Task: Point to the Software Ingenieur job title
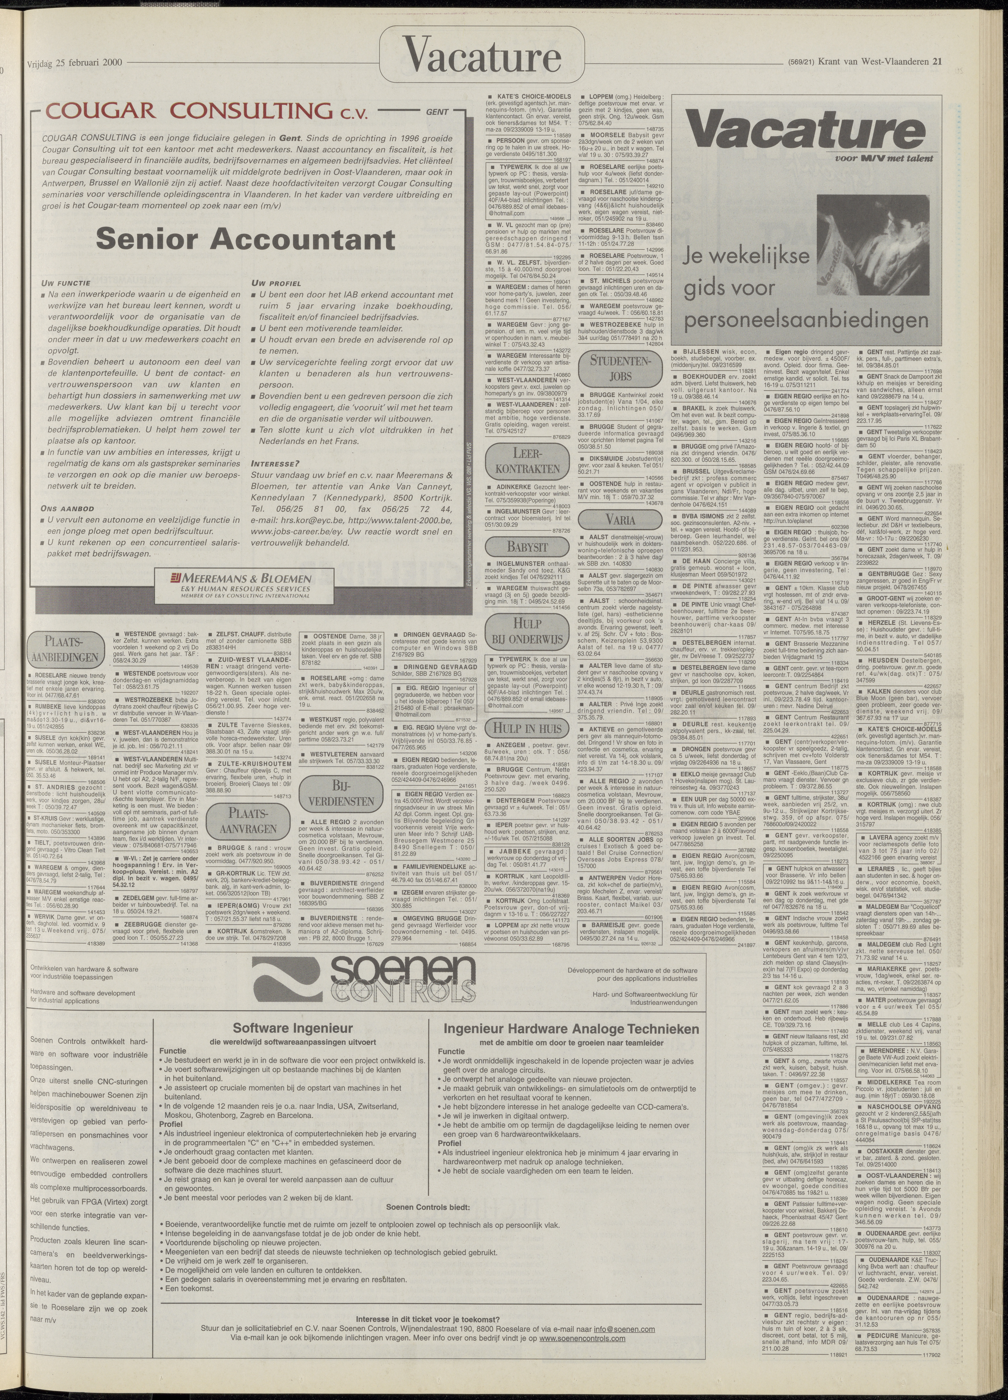tap(293, 1028)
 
